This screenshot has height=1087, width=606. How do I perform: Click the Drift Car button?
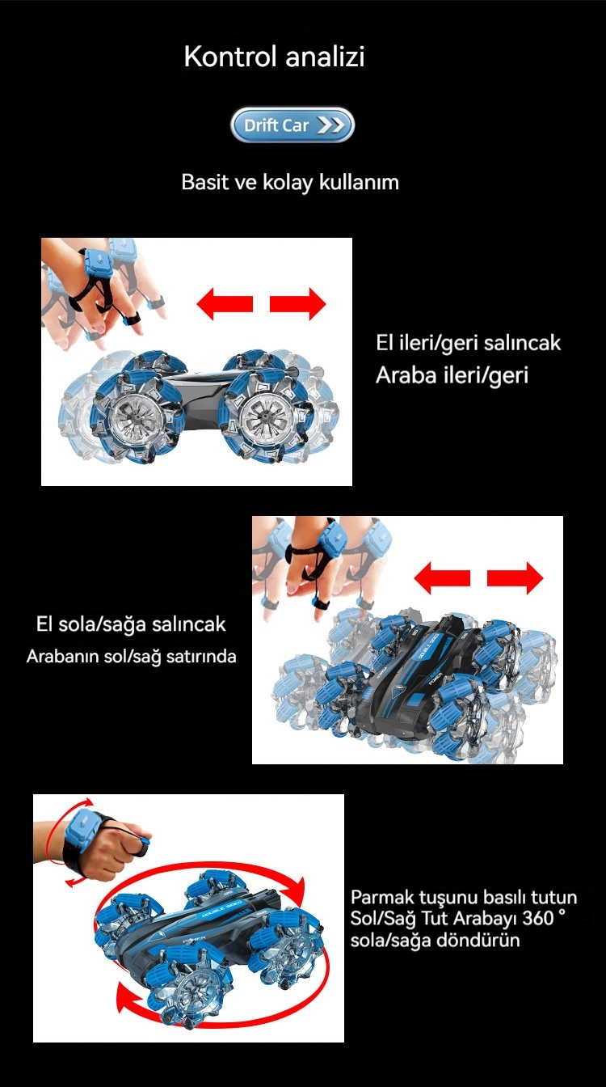[x=292, y=125]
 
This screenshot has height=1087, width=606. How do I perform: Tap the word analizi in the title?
[x=325, y=57]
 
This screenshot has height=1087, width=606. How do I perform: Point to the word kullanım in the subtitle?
[x=359, y=183]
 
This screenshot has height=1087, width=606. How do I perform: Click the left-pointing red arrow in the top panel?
[x=225, y=304]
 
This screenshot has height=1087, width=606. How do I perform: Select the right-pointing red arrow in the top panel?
[x=297, y=304]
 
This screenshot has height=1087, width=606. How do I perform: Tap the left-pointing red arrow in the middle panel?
[x=442, y=578]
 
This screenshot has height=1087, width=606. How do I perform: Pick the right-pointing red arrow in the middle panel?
[x=515, y=578]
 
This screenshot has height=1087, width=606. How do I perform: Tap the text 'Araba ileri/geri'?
[x=452, y=375]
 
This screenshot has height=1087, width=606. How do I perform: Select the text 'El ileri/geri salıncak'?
[x=469, y=343]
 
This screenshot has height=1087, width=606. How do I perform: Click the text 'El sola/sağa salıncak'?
[x=131, y=624]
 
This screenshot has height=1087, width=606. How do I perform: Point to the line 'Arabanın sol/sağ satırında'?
[x=132, y=656]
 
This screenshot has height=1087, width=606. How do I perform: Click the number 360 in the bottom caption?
[x=538, y=918]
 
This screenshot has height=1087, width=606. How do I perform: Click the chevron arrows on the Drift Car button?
[x=330, y=125]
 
